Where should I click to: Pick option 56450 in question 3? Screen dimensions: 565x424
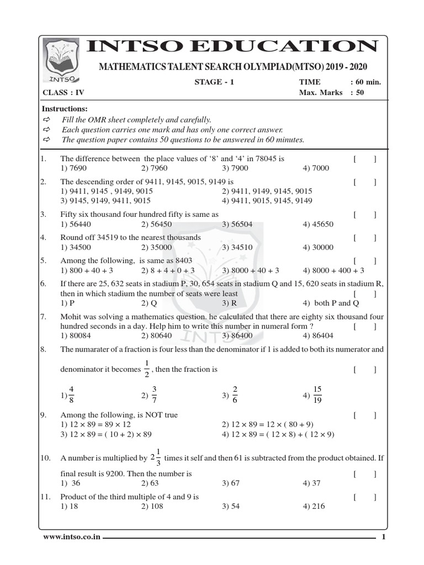pos(155,224)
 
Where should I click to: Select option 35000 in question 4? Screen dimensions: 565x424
pos(155,247)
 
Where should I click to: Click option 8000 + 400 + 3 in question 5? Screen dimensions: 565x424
pos(333,270)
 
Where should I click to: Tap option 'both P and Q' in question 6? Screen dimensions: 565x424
pos(334,303)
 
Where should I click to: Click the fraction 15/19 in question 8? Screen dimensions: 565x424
pos(317,395)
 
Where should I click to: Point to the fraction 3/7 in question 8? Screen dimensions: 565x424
pos(154,395)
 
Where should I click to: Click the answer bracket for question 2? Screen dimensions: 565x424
pos(365,182)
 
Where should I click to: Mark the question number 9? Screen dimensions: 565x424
pos(43,414)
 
